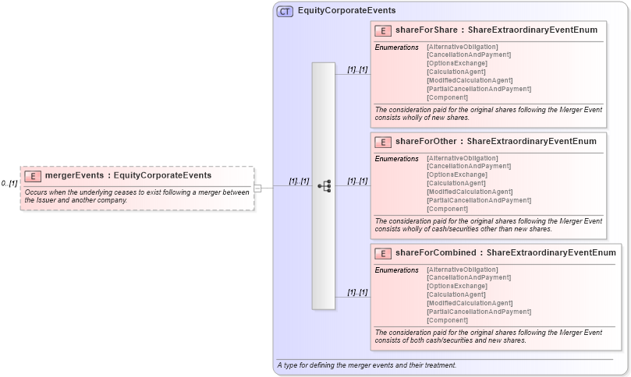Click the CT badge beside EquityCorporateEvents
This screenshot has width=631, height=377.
pyautogui.click(x=285, y=11)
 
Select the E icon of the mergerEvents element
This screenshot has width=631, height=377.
pyautogui.click(x=33, y=176)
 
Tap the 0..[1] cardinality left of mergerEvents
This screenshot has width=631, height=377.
pyautogui.click(x=9, y=183)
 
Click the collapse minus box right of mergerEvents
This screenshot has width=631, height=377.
pyautogui.click(x=257, y=188)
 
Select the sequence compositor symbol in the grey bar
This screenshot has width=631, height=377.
pyautogui.click(x=324, y=186)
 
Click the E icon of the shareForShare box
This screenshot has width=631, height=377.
pyautogui.click(x=383, y=31)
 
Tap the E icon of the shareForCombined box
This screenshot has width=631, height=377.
pyautogui.click(x=383, y=253)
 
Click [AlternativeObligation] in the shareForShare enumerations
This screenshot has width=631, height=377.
pyautogui.click(x=462, y=47)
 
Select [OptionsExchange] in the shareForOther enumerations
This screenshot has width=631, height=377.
pyautogui.click(x=456, y=175)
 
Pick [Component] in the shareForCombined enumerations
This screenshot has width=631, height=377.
pyautogui.click(x=447, y=320)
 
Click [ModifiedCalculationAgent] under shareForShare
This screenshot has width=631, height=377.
pyautogui.click(x=469, y=81)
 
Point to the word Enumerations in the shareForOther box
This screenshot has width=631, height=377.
pyautogui.click(x=396, y=159)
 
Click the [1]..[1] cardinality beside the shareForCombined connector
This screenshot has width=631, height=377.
pyautogui.click(x=357, y=293)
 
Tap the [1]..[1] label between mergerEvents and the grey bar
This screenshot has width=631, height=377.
pyautogui.click(x=299, y=181)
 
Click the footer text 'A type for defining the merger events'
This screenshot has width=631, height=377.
pyautogui.click(x=366, y=365)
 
